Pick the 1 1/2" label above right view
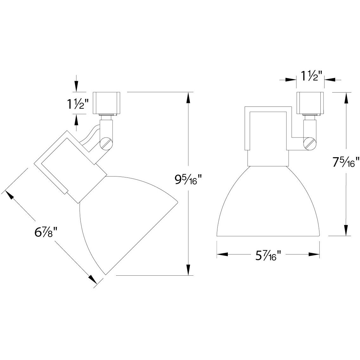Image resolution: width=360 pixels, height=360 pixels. (x=311, y=76)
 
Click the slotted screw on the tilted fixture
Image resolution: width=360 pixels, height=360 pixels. (x=106, y=144)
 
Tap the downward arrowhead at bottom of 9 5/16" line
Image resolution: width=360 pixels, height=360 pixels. (x=189, y=270)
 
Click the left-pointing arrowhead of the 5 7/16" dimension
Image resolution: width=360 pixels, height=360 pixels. (x=222, y=254)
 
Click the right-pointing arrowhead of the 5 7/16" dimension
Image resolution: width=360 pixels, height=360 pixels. (x=313, y=254)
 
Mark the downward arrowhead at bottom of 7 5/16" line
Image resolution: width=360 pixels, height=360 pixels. (x=346, y=230)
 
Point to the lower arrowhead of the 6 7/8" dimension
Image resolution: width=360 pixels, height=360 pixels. (x=92, y=279)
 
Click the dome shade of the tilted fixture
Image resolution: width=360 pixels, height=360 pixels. (x=127, y=219)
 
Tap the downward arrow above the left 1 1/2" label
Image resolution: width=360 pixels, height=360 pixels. (x=76, y=85)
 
